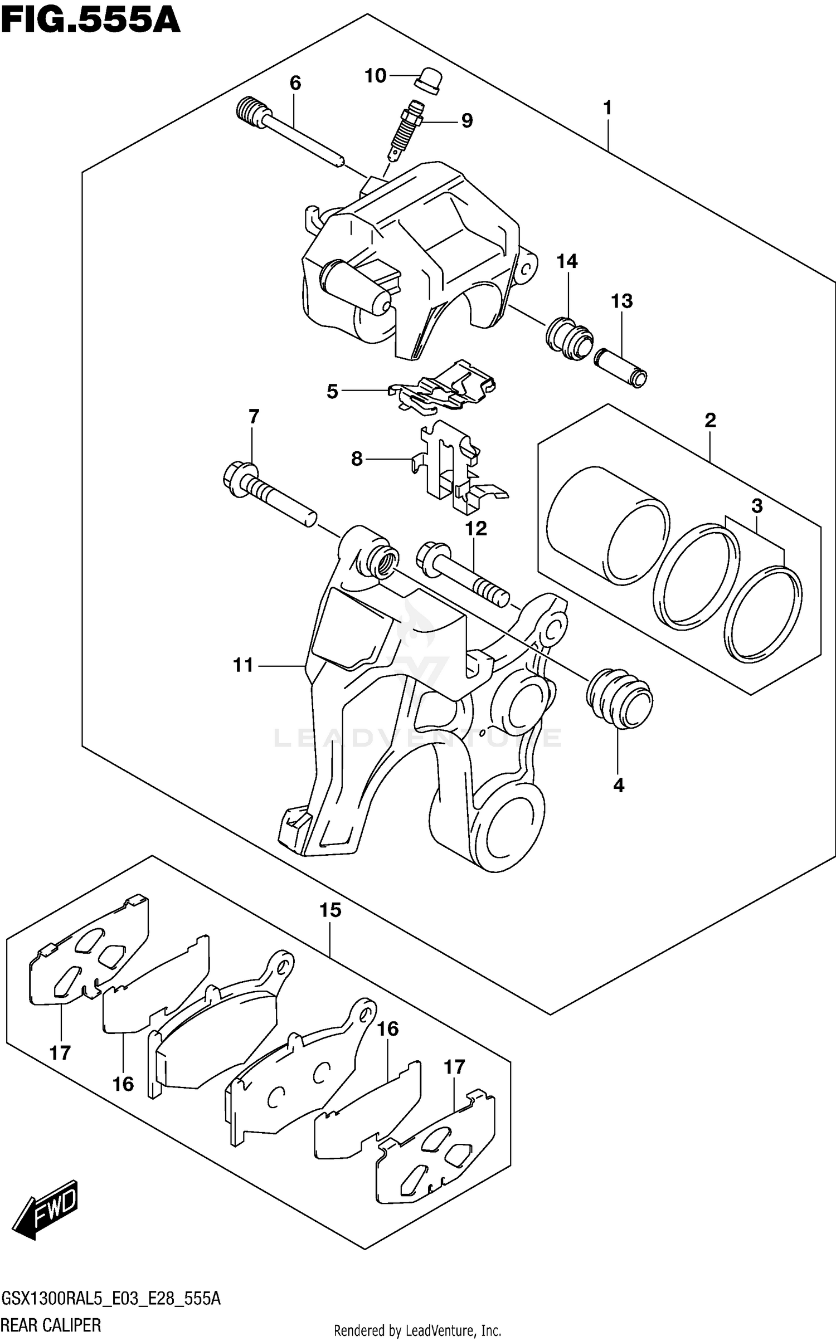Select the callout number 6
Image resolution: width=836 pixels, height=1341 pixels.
point(295,83)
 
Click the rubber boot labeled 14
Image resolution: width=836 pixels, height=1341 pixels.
point(567,337)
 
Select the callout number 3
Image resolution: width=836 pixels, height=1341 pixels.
point(756,506)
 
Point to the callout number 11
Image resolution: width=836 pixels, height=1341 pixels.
point(243,665)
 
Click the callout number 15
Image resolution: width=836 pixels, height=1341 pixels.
point(330,910)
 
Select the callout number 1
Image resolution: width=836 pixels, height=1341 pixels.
point(607,108)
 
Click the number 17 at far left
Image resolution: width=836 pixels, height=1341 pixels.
point(60,1052)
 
